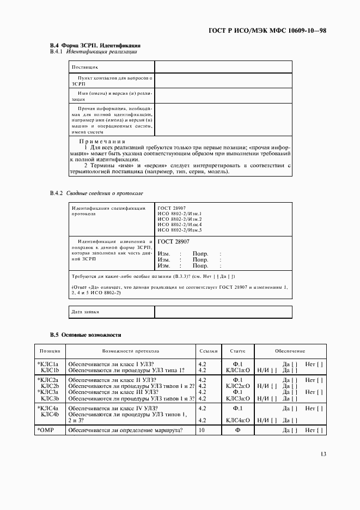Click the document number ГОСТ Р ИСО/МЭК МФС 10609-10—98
point(267,31)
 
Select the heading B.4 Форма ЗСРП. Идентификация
point(96,45)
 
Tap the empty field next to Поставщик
point(223,66)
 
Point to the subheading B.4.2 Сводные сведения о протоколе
point(97,193)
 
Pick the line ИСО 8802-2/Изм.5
point(180,230)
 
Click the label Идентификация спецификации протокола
point(109,211)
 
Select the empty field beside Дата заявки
point(223,312)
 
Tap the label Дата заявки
point(86,312)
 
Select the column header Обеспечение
point(290,351)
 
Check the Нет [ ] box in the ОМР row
point(314,430)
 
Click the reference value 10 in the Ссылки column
point(202,430)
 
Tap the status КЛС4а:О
point(238,420)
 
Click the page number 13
point(321,454)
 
